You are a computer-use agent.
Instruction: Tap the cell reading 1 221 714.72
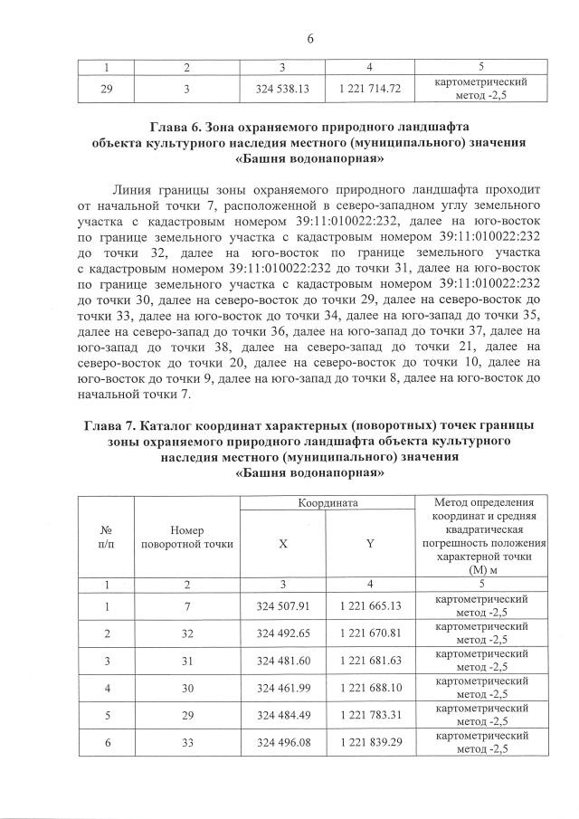[x=370, y=88]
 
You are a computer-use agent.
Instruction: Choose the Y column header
[x=370, y=544]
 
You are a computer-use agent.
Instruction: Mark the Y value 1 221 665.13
[x=370, y=605]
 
